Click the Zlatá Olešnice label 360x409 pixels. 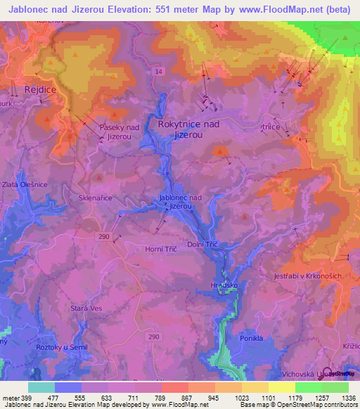point(24,183)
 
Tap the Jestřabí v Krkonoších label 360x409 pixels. point(307,277)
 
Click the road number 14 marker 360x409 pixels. point(159,72)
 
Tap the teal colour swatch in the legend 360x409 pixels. point(41,387)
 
